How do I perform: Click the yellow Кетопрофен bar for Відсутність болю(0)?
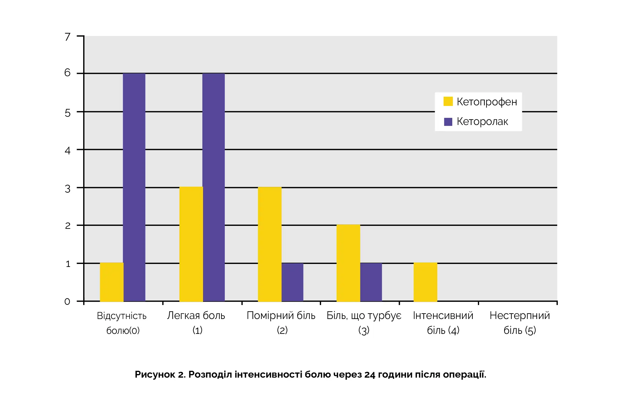point(111,282)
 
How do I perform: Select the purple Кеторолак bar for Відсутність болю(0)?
point(134,187)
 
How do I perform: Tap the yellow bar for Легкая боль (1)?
point(191,244)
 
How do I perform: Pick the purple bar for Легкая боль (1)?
point(213,187)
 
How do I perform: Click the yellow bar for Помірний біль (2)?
point(270,244)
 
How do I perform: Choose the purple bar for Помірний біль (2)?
point(292,282)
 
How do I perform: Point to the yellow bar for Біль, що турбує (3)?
point(348,263)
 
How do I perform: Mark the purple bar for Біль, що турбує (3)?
point(371,282)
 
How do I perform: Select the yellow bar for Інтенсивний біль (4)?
point(425,282)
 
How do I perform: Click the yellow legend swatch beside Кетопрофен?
point(448,101)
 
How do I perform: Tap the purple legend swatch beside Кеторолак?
point(448,121)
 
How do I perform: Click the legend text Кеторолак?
point(482,121)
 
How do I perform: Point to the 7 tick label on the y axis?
point(68,37)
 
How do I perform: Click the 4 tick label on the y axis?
point(68,151)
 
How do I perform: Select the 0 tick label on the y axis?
point(67,301)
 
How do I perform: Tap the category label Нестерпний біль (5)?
point(520,323)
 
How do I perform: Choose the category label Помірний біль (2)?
point(281,323)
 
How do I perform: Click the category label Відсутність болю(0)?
point(122,323)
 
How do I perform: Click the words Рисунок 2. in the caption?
point(160,374)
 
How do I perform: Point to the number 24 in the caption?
point(370,374)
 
